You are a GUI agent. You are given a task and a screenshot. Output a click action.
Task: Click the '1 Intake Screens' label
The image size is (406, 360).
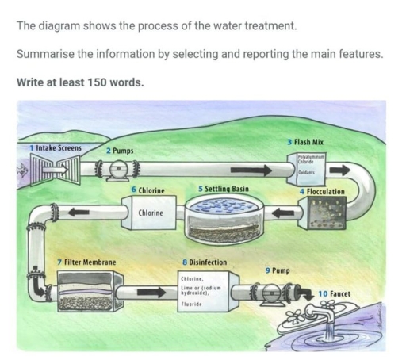[53, 148]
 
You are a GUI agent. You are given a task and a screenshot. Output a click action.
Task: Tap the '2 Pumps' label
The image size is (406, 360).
[120, 150]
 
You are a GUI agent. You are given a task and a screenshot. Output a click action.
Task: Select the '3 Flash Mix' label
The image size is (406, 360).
[305, 141]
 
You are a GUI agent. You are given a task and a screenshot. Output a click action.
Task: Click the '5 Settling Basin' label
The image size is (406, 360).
[224, 190]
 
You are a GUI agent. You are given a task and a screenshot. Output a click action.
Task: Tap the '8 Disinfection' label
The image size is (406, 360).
[205, 262]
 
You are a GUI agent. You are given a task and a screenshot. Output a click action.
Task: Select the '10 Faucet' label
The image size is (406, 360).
[334, 294]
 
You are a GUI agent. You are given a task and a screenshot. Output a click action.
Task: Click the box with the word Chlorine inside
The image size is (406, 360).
[151, 213]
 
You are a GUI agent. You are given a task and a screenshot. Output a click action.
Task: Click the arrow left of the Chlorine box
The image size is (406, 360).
[77, 213]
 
